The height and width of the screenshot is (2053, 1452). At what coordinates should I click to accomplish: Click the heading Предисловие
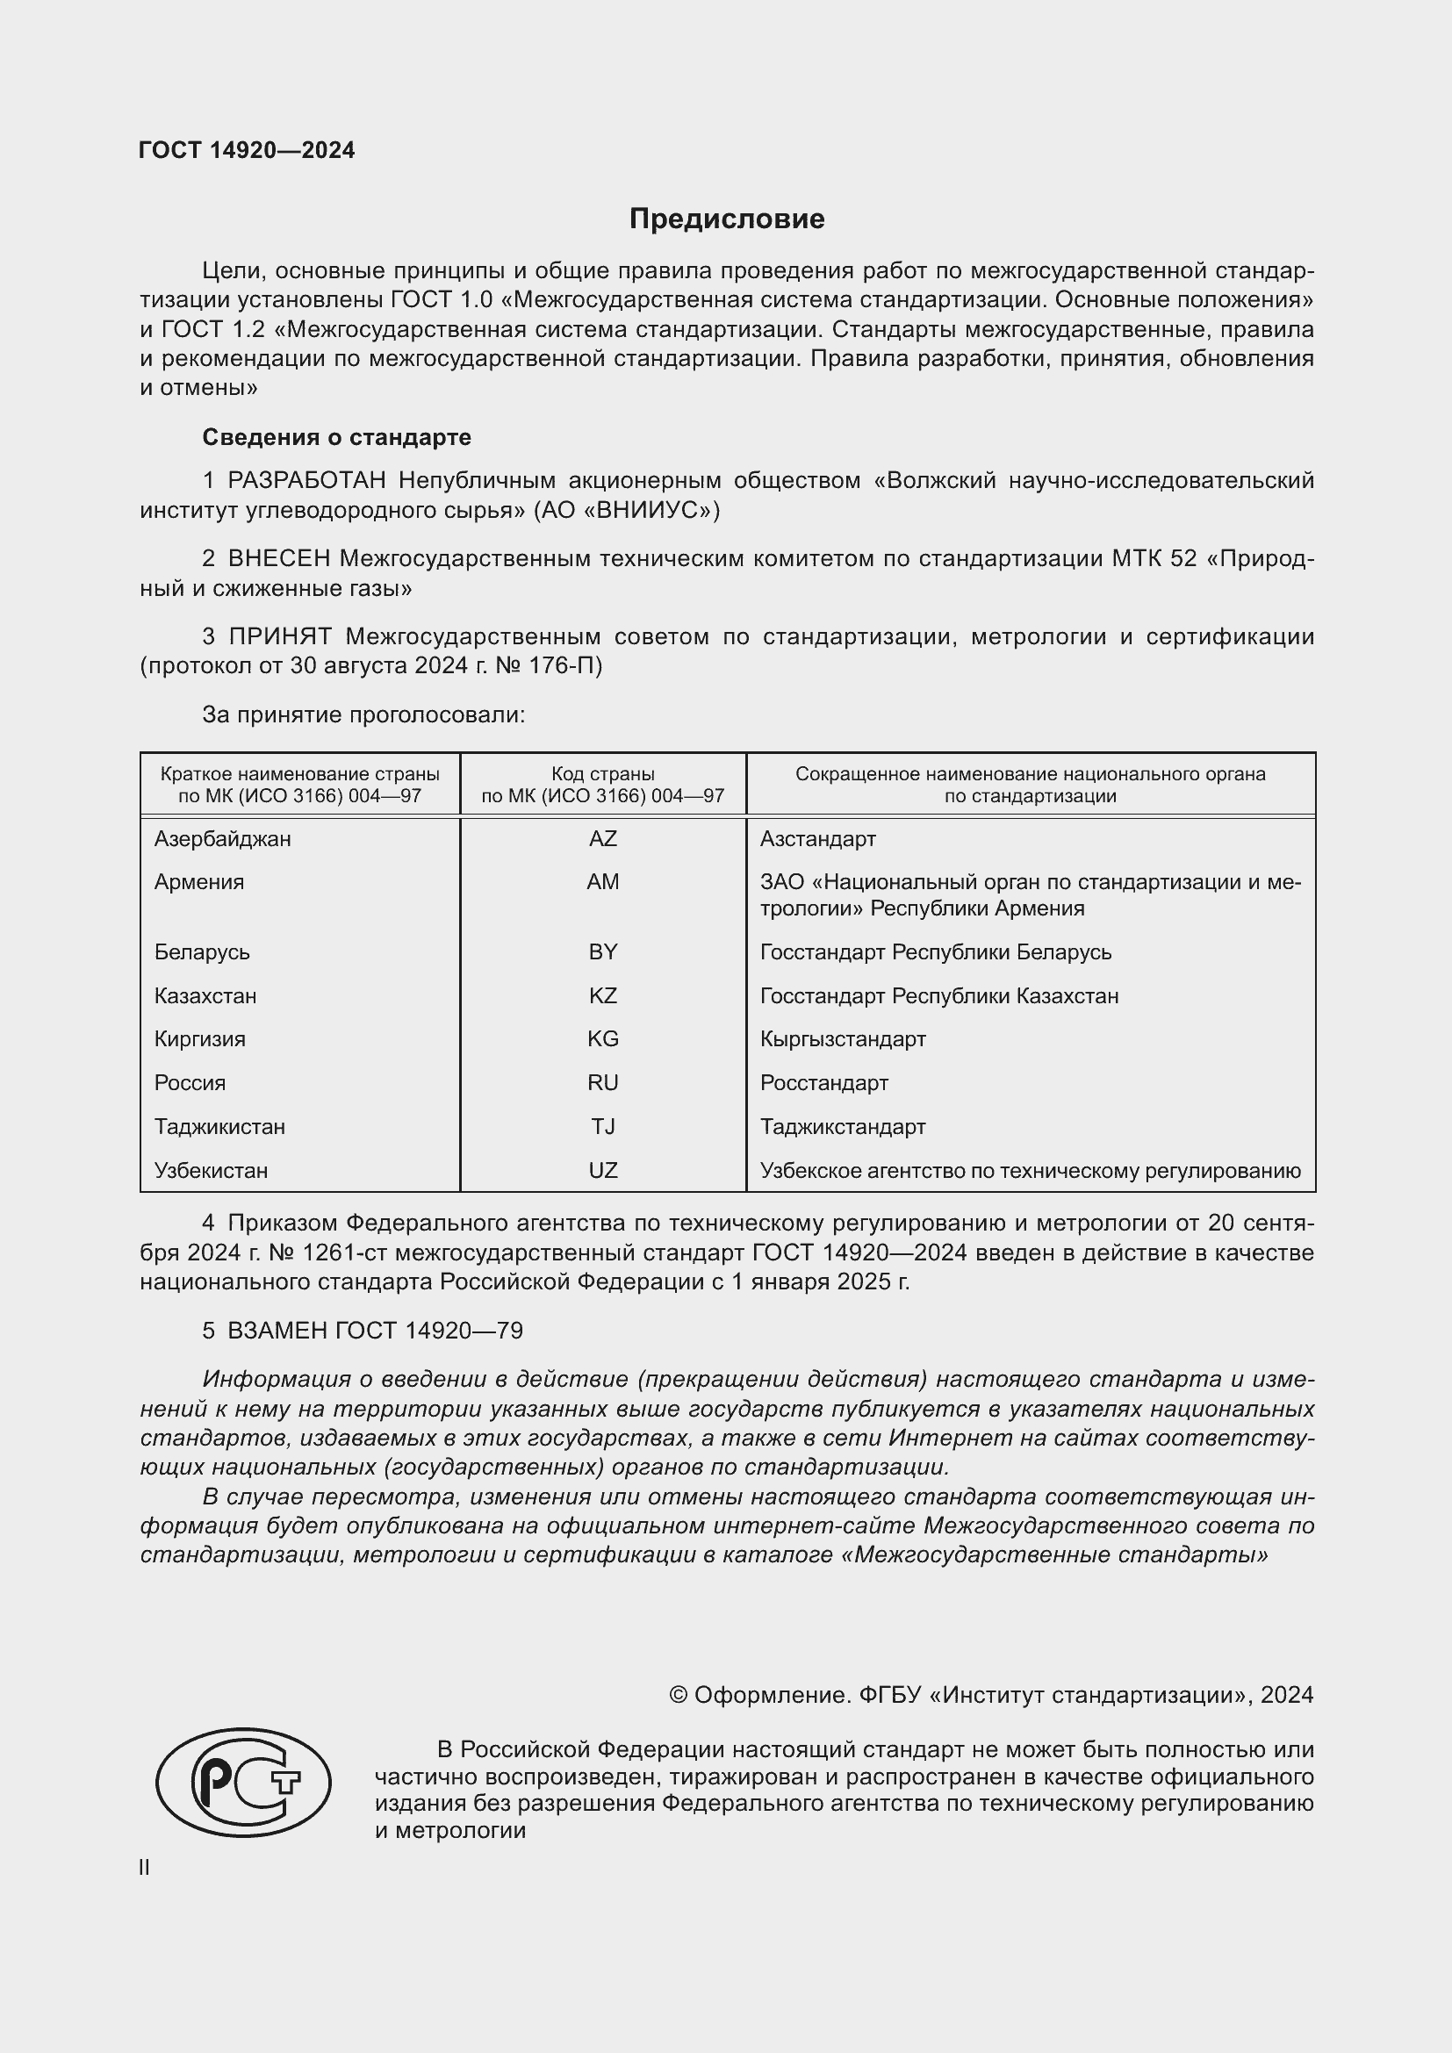(x=726, y=219)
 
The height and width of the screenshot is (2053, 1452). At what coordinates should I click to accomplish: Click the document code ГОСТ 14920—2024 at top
(x=247, y=150)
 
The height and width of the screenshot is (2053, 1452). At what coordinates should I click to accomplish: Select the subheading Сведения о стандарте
(x=336, y=437)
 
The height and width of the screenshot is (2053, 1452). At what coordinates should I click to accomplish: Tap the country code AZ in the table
(x=602, y=839)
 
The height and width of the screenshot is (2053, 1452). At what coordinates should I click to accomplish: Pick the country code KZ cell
(x=602, y=995)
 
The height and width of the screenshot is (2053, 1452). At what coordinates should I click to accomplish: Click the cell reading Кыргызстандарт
(x=842, y=1039)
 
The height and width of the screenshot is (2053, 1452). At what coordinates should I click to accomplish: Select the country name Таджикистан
(x=219, y=1127)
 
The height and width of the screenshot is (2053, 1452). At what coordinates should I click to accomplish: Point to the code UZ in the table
(x=602, y=1171)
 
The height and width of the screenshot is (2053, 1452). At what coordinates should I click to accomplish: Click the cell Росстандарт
(x=823, y=1083)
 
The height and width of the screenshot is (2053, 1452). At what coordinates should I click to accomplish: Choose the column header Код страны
(x=602, y=774)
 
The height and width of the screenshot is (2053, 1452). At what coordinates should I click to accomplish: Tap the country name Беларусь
(x=201, y=952)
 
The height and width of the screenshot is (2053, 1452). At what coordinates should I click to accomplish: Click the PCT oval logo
(x=243, y=1782)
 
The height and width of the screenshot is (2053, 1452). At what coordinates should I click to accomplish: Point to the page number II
(x=144, y=1868)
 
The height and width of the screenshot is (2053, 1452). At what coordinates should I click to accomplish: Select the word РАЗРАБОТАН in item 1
(x=306, y=481)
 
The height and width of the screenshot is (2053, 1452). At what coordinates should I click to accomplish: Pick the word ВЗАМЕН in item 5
(x=277, y=1331)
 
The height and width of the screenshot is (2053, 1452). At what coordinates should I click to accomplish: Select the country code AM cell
(x=602, y=882)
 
